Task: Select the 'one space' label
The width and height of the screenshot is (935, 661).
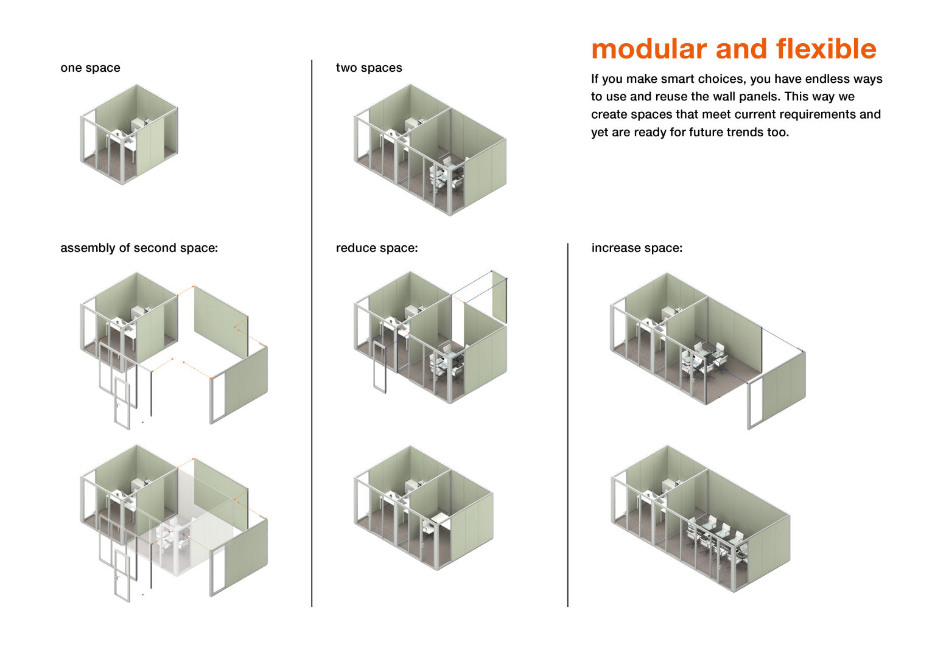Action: [90, 68]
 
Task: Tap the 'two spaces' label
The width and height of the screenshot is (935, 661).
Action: [369, 68]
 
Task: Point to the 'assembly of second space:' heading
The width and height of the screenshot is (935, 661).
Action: [139, 248]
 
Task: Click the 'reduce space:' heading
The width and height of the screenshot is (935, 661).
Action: [377, 248]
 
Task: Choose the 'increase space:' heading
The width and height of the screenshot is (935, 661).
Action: [637, 248]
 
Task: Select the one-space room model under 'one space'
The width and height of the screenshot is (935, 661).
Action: [129, 134]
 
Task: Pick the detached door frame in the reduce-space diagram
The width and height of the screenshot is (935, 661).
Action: [379, 366]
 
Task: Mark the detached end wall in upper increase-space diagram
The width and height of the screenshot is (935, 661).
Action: [779, 390]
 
